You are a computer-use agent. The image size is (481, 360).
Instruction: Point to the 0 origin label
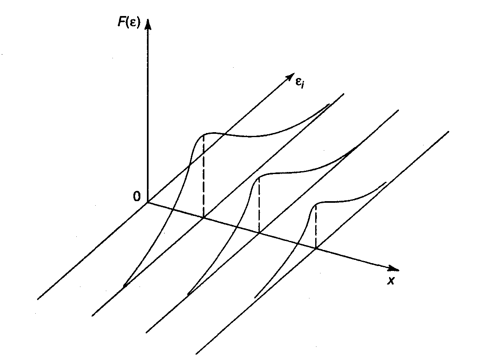coord(136,197)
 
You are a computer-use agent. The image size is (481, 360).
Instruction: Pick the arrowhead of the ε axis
coord(288,78)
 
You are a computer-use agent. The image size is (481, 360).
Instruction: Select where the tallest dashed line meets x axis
coord(204,218)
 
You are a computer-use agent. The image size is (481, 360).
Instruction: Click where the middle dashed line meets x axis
coord(259,233)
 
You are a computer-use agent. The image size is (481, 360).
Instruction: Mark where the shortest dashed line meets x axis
coord(316,248)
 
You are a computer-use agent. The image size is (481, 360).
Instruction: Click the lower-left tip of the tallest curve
coord(124,286)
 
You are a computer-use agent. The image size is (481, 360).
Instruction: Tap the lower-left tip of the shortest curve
coord(255,297)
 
